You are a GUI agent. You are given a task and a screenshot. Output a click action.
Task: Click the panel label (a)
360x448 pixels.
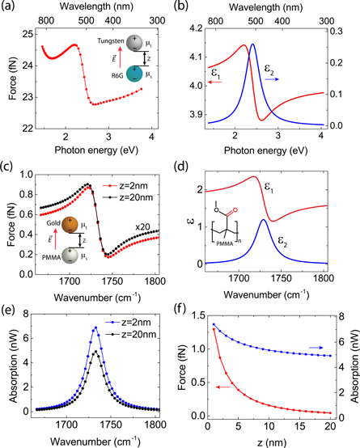pyautogui.click(x=11, y=7)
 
